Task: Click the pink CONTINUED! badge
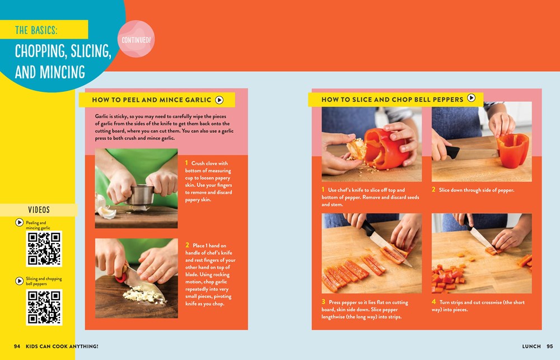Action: (137, 40)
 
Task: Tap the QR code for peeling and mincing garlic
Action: (44, 249)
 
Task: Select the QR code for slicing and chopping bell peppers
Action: (44, 306)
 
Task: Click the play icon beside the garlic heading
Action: (220, 100)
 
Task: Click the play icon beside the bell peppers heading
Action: (472, 99)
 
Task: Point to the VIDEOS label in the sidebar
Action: (39, 210)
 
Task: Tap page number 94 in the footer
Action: (17, 347)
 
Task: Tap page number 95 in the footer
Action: (549, 347)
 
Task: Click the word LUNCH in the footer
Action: (531, 347)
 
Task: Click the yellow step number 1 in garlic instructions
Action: (186, 163)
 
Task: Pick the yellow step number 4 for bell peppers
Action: (433, 302)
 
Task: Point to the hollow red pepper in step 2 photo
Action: (512, 149)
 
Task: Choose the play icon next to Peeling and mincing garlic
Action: (20, 223)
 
